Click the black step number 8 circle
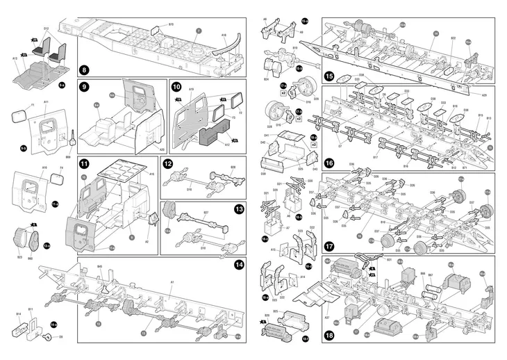(x=84, y=69)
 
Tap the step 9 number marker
(x=84, y=88)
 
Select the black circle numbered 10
(x=176, y=88)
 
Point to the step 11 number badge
(x=84, y=164)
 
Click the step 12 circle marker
(x=167, y=164)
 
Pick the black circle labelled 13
(x=239, y=208)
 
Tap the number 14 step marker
(x=239, y=264)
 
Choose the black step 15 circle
(x=329, y=76)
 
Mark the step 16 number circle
(x=329, y=163)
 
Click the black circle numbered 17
(x=329, y=245)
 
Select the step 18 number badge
(x=329, y=335)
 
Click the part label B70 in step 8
(x=171, y=24)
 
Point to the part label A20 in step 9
(x=161, y=148)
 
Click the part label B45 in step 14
(x=100, y=266)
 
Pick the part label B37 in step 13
(x=206, y=212)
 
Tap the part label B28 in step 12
(x=233, y=167)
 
